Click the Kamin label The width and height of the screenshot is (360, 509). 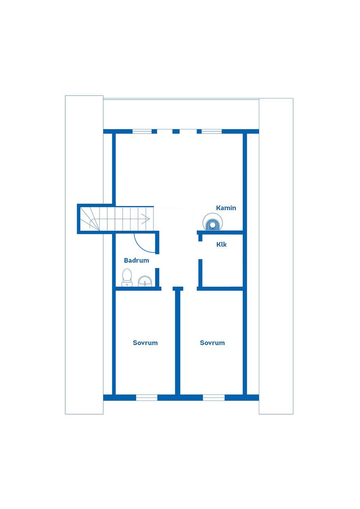click(x=226, y=208)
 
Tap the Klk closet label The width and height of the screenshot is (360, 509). click(x=221, y=244)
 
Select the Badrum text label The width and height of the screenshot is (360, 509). click(x=136, y=260)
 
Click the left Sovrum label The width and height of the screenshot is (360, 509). click(x=145, y=343)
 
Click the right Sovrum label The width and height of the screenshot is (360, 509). click(x=212, y=343)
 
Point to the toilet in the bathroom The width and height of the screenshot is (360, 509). click(x=127, y=278)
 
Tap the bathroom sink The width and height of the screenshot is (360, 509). click(x=145, y=281)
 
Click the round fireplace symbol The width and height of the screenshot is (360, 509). click(x=213, y=222)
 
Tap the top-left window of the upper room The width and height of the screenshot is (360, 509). click(x=142, y=131)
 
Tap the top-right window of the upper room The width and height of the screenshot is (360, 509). click(x=211, y=131)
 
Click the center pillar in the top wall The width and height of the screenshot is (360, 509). click(x=176, y=131)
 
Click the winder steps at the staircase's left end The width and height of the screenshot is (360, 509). click(x=90, y=219)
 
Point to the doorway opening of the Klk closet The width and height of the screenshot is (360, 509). click(x=200, y=250)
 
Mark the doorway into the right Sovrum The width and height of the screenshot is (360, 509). click(x=190, y=289)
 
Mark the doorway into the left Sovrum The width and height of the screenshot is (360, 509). click(x=167, y=289)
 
